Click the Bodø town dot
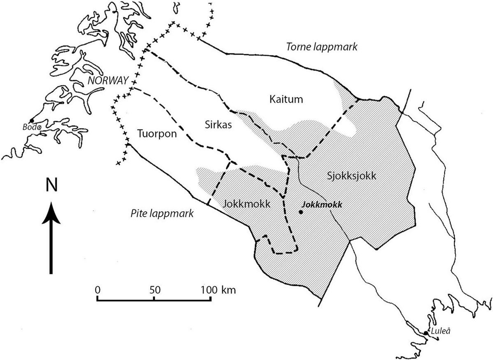[x=32, y=120]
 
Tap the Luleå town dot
[x=426, y=333]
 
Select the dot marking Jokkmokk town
[x=301, y=212]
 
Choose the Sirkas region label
[x=216, y=125]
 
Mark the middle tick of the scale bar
[x=154, y=298]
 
